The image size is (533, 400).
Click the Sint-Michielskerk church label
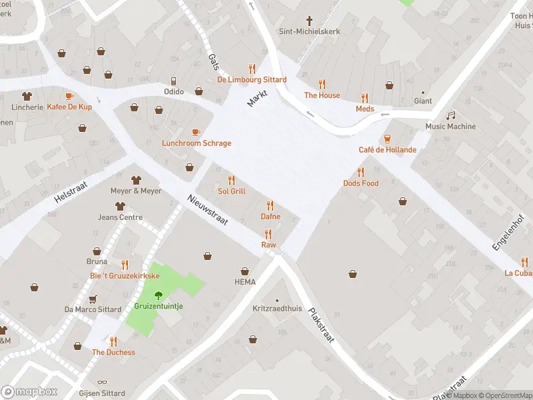click(308, 31)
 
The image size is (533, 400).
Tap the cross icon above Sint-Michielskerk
click(309, 20)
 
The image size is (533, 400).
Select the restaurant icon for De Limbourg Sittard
click(252, 68)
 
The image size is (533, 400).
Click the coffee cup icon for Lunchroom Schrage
click(196, 132)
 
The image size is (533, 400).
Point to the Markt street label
click(257, 98)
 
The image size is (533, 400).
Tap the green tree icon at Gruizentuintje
click(159, 295)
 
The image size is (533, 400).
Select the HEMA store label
click(245, 282)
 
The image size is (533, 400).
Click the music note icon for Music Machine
click(451, 115)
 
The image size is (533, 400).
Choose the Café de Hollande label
click(387, 150)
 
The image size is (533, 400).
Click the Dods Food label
click(360, 183)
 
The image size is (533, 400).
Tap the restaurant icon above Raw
click(268, 233)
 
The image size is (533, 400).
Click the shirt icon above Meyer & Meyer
click(136, 179)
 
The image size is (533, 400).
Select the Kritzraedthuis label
click(277, 309)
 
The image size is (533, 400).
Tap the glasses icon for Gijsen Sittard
click(101, 383)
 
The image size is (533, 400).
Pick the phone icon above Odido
click(174, 80)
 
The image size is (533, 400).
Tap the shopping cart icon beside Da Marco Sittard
click(93, 298)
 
